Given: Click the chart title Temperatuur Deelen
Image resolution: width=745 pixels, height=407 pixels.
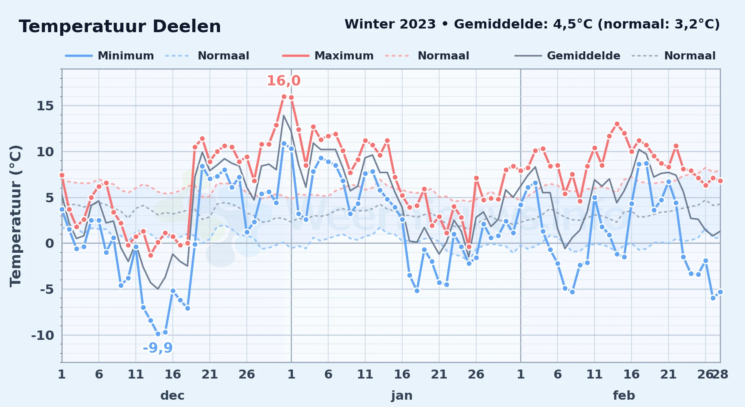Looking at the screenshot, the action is point(120,26).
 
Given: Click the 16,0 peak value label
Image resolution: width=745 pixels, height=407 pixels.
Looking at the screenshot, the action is point(283,81).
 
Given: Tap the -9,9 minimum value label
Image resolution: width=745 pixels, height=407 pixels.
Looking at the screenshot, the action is point(157,348).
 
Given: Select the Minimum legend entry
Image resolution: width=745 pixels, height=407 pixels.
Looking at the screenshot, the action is point(109,56).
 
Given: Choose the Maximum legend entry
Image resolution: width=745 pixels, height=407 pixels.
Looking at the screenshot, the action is point(328,56).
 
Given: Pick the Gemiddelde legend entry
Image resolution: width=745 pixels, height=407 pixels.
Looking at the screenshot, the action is point(568,56).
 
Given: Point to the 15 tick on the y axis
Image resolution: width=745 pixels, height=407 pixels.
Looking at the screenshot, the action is point(45,106).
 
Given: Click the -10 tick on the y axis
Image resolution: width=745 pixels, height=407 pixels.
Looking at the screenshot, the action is point(42,335).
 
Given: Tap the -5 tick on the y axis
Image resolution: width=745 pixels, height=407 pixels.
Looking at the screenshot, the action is point(46,289).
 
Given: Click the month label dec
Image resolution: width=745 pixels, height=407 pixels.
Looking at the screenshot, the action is point(172,395).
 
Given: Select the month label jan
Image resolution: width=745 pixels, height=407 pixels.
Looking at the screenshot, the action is point(402,395).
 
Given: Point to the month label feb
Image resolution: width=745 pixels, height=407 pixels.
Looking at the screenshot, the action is point(624,395).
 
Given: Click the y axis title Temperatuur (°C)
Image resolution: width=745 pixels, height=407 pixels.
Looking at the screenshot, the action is point(15,216).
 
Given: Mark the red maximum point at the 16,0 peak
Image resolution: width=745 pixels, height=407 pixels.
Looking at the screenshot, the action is point(284,96).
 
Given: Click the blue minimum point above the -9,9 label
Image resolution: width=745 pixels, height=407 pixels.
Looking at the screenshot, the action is point(158,334).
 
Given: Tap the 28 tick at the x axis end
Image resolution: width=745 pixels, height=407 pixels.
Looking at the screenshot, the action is point(720,374).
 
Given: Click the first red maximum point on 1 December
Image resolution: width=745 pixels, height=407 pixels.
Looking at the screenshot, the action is point(62,175).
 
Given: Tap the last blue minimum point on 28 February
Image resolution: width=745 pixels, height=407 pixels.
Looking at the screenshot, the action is point(720,292).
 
